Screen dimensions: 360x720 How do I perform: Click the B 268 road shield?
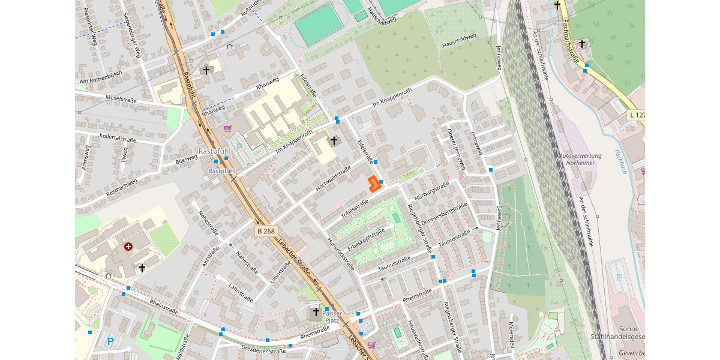coord(266,231)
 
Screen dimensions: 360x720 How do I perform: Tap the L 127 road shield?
coord(636,115)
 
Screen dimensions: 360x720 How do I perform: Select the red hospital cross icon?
coord(128,247)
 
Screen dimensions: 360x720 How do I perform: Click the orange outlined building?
coord(374,184)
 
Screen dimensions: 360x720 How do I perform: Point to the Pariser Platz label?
coord(332,317)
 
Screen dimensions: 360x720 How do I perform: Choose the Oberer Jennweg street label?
coord(457,149)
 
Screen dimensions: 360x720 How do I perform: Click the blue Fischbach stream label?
coord(619,161)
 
